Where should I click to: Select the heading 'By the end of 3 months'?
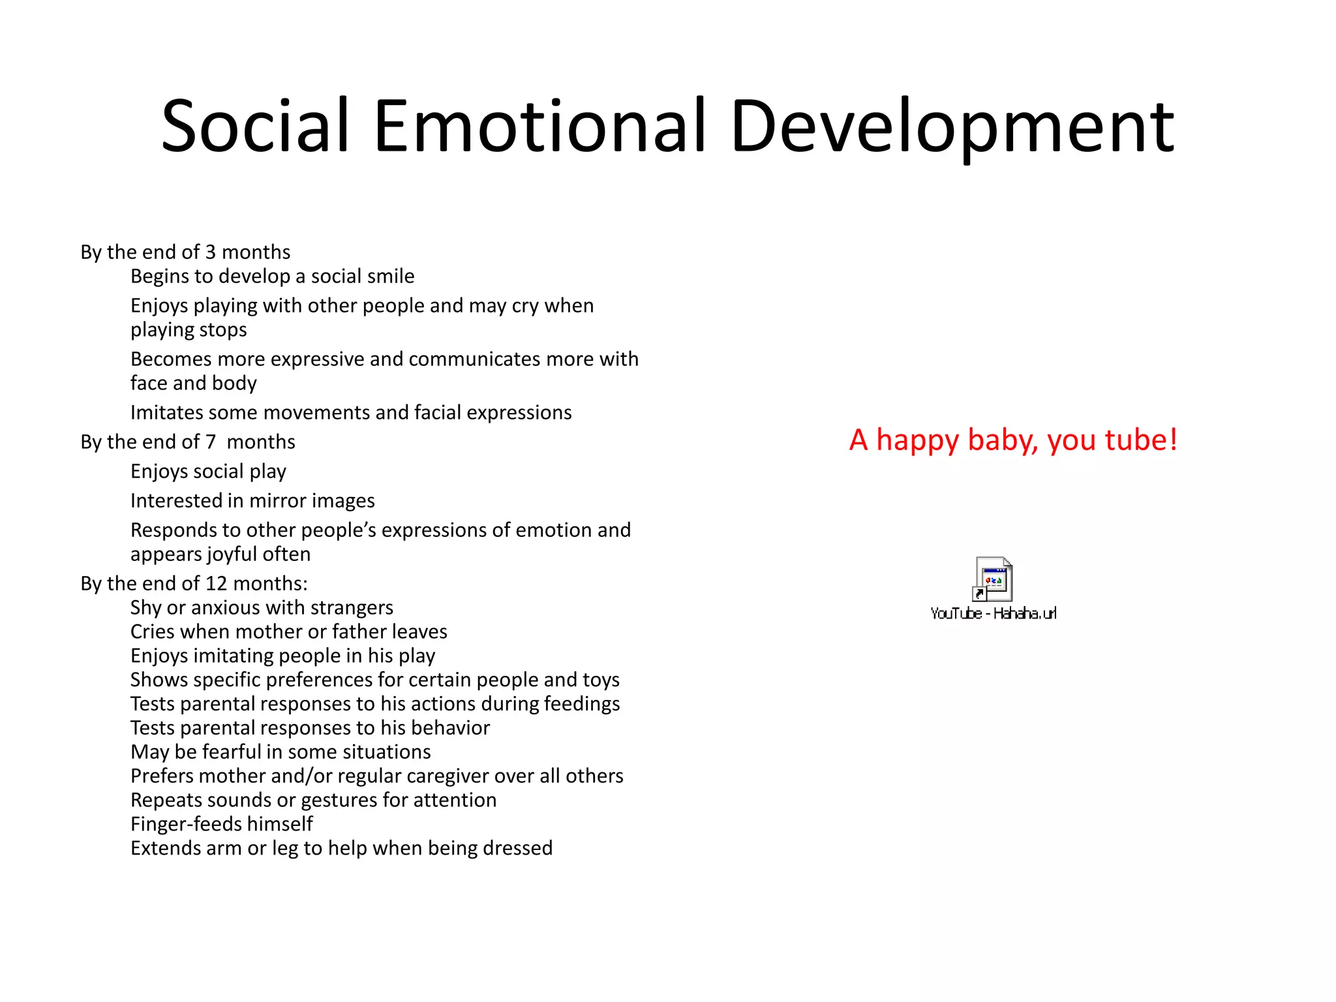185,252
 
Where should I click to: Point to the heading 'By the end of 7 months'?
188,442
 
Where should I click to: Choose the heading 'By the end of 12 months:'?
194,583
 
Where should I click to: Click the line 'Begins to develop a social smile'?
272,276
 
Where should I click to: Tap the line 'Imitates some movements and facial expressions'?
351,412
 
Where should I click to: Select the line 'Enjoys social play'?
208,471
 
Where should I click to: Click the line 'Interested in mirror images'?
252,500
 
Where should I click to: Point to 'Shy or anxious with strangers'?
262,607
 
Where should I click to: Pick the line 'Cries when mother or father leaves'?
289,631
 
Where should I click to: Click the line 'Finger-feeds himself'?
222,824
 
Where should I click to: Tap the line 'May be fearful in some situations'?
281,751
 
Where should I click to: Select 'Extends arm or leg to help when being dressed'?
341,848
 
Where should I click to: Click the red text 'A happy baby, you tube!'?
1013,440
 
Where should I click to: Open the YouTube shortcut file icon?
993,579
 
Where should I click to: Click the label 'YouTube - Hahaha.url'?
993,613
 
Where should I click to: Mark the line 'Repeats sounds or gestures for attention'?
313,800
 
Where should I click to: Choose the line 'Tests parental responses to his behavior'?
310,727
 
